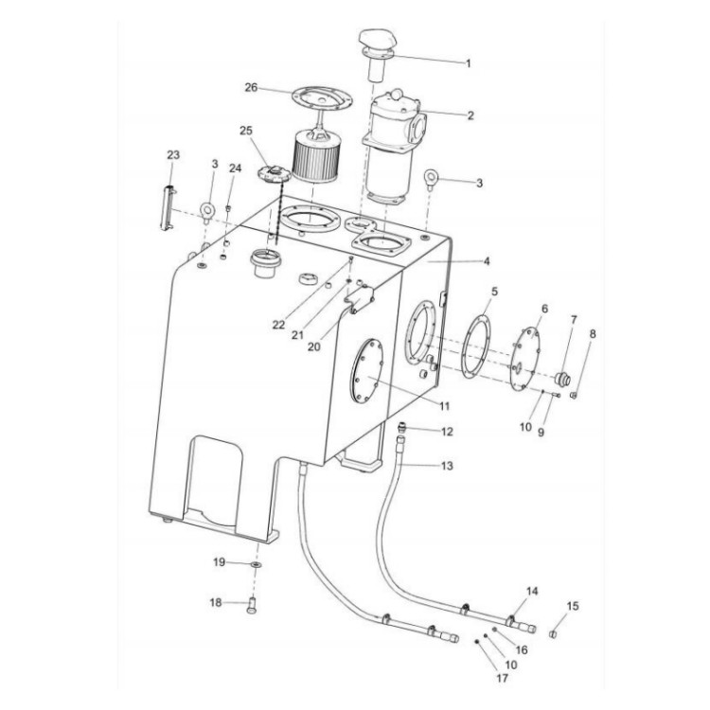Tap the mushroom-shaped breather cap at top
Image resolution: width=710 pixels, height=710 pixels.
pos(375,43)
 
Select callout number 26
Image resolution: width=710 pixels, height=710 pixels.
pos(251,87)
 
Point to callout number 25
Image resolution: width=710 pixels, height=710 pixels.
pos(246,130)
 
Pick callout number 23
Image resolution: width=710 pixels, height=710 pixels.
pos(172,153)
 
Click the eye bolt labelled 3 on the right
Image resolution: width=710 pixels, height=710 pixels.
pos(431,177)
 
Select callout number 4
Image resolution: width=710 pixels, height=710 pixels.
pos(487,260)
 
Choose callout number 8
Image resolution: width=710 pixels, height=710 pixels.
pos(593,333)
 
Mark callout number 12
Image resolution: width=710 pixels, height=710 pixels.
pos(448,432)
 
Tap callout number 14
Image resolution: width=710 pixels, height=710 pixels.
pos(532,592)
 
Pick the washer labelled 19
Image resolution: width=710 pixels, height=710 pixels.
pos(257,564)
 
